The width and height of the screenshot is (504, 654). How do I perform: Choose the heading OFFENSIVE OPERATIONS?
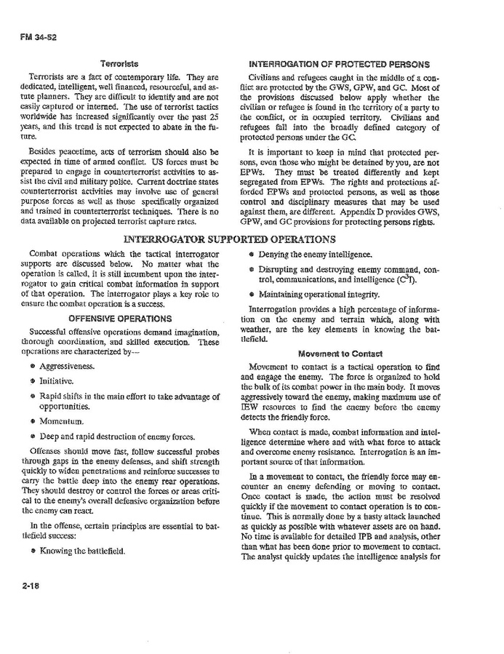click(x=120, y=318)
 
